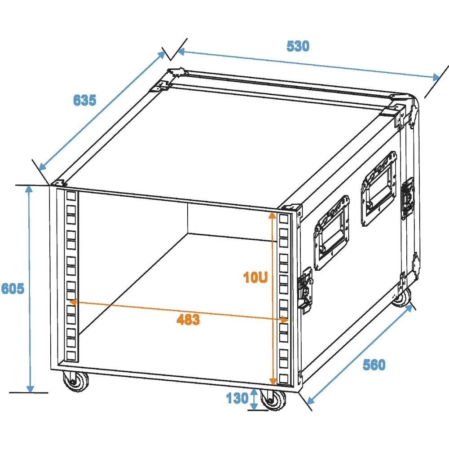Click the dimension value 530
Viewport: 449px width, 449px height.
click(x=298, y=46)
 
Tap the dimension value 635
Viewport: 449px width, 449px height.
click(x=84, y=100)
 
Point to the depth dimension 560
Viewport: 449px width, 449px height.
click(x=374, y=365)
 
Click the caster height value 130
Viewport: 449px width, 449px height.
click(x=237, y=398)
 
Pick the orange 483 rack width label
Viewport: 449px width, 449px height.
click(x=188, y=320)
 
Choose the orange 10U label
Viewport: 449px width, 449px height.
click(x=255, y=278)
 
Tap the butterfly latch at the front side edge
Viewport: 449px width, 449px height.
click(x=306, y=288)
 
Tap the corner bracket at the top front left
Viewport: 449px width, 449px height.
click(x=58, y=183)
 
